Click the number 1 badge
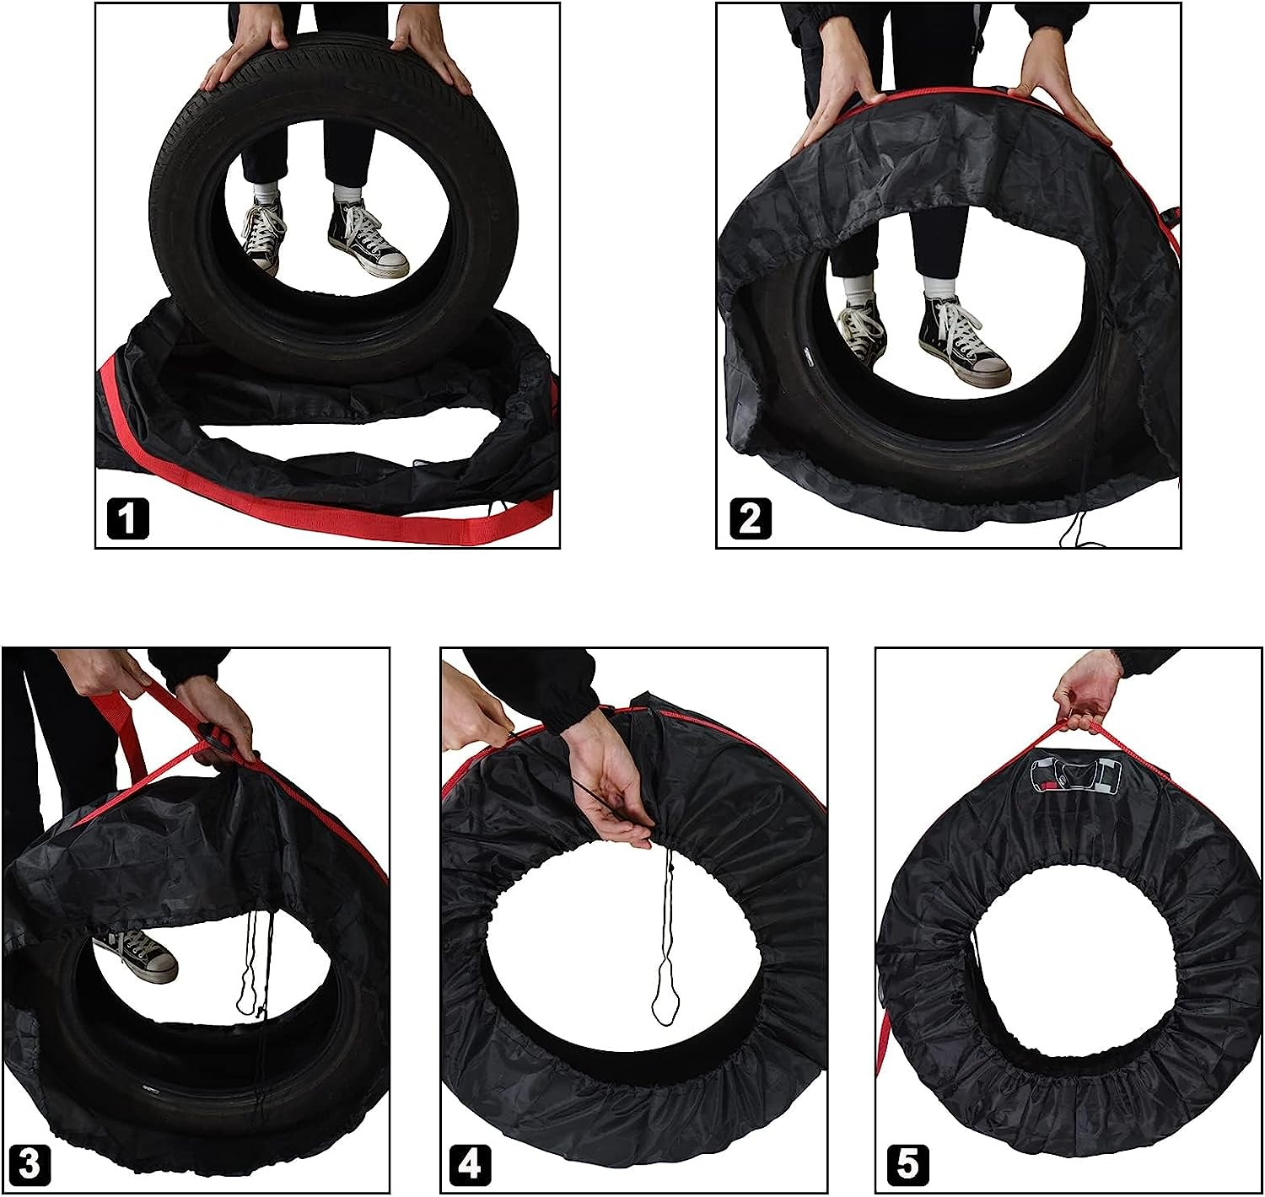click(x=127, y=518)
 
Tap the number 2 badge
click(x=749, y=518)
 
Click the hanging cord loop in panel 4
click(x=670, y=969)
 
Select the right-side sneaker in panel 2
click(x=961, y=341)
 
